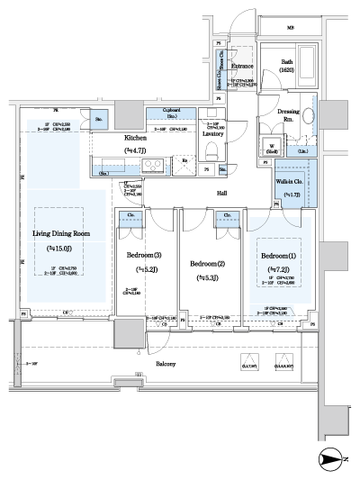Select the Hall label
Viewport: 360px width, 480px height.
(220, 192)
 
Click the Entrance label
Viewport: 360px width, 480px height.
(240, 66)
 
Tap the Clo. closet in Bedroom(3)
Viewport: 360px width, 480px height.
(130, 215)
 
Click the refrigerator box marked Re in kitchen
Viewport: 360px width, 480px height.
(184, 162)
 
